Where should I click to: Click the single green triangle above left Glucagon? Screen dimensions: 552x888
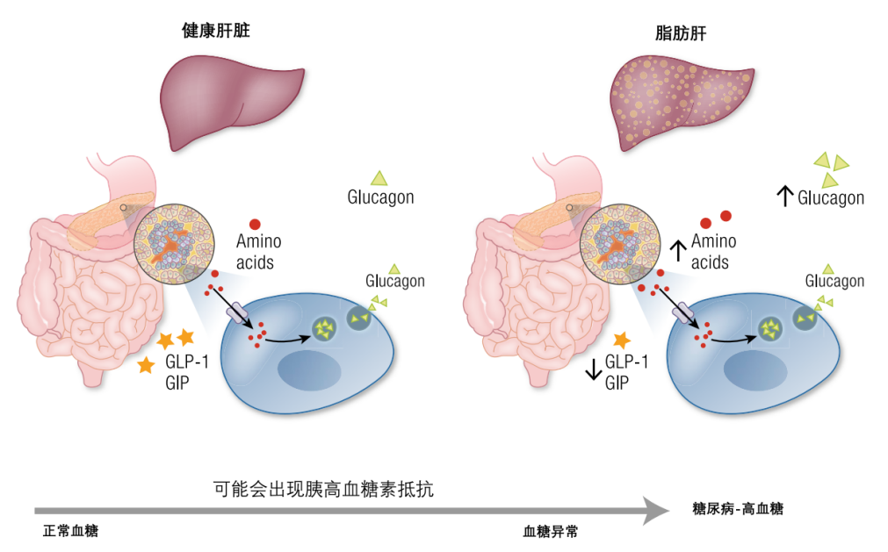[x=379, y=177]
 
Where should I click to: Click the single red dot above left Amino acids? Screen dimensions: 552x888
[x=255, y=225]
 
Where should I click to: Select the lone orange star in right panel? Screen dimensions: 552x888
[x=622, y=339]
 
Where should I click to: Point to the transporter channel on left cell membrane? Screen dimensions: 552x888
[x=238, y=312]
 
